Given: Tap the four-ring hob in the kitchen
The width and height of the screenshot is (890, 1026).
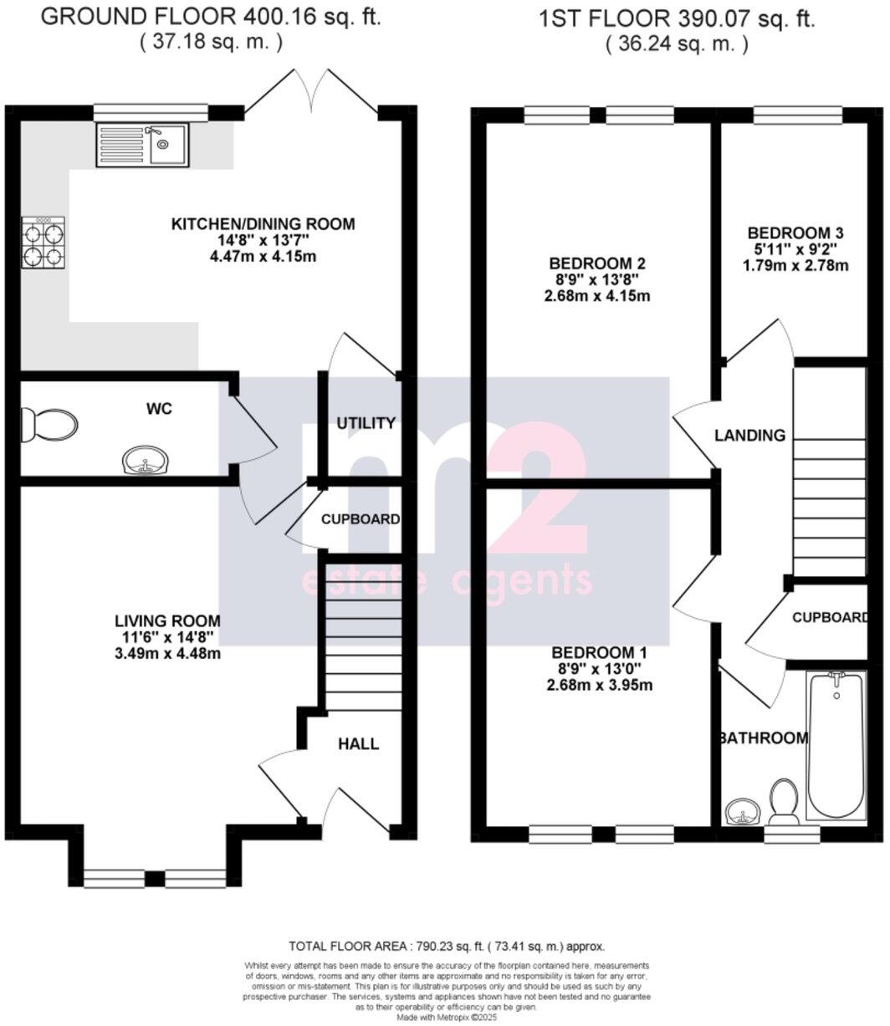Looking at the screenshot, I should (43, 242).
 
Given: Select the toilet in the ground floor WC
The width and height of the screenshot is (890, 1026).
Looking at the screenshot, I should (49, 425).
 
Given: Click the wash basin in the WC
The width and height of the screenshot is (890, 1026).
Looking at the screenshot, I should (144, 459).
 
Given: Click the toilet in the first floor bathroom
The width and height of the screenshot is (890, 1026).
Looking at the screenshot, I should (784, 801).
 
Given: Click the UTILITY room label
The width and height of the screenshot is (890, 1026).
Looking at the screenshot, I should (366, 423).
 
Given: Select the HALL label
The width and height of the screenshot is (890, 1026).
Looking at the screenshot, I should (358, 743).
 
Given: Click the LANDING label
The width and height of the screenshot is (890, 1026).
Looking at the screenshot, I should (749, 435).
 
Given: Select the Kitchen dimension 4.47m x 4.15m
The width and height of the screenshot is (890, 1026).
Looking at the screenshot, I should (263, 256).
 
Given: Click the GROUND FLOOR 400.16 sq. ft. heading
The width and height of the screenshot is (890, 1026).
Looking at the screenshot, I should (210, 18).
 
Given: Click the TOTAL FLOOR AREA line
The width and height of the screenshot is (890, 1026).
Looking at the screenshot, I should (446, 947).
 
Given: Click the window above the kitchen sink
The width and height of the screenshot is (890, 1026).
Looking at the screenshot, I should (151, 111).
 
